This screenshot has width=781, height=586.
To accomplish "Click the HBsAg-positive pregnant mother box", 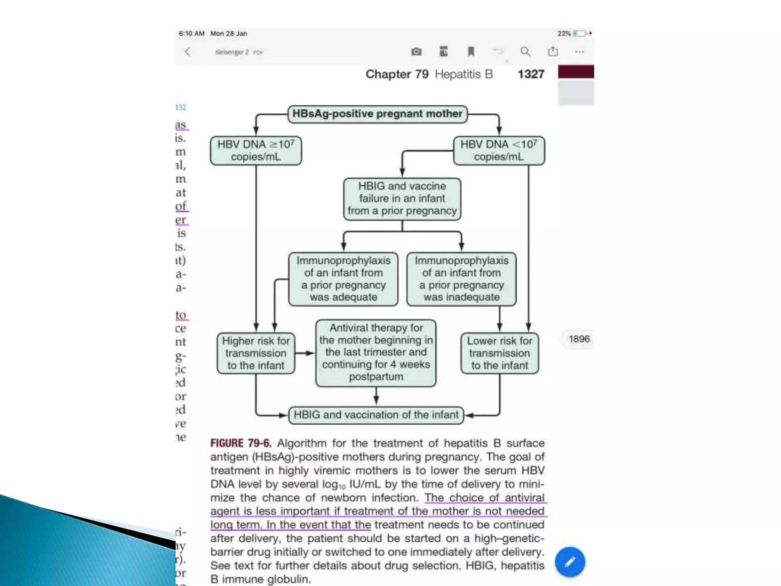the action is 377,114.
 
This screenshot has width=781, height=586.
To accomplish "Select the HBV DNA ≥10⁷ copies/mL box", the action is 256,151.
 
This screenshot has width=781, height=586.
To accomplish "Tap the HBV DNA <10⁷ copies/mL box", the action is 499,151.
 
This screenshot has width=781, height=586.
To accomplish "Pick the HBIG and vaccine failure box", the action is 402,199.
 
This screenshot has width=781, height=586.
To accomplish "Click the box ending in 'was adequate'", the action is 343,279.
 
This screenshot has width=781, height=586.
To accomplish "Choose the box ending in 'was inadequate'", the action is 461,279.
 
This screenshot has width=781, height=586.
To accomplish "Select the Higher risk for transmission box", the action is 256,353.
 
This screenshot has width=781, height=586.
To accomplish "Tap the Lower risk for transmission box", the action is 500,353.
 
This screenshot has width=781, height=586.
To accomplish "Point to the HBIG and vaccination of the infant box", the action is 376,415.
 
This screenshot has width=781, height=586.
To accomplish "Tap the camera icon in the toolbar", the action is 416,52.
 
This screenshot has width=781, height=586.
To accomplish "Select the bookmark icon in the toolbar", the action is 471,52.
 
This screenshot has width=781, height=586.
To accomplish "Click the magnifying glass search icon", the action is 525,52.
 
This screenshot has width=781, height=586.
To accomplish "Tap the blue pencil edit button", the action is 570,562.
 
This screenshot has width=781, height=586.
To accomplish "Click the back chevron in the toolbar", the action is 188,52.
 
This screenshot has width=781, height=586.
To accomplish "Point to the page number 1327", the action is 531,74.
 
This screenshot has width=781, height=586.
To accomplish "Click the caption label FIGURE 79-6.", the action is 241,443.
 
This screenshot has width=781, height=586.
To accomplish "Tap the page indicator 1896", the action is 579,339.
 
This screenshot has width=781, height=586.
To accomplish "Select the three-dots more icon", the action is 579,52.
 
